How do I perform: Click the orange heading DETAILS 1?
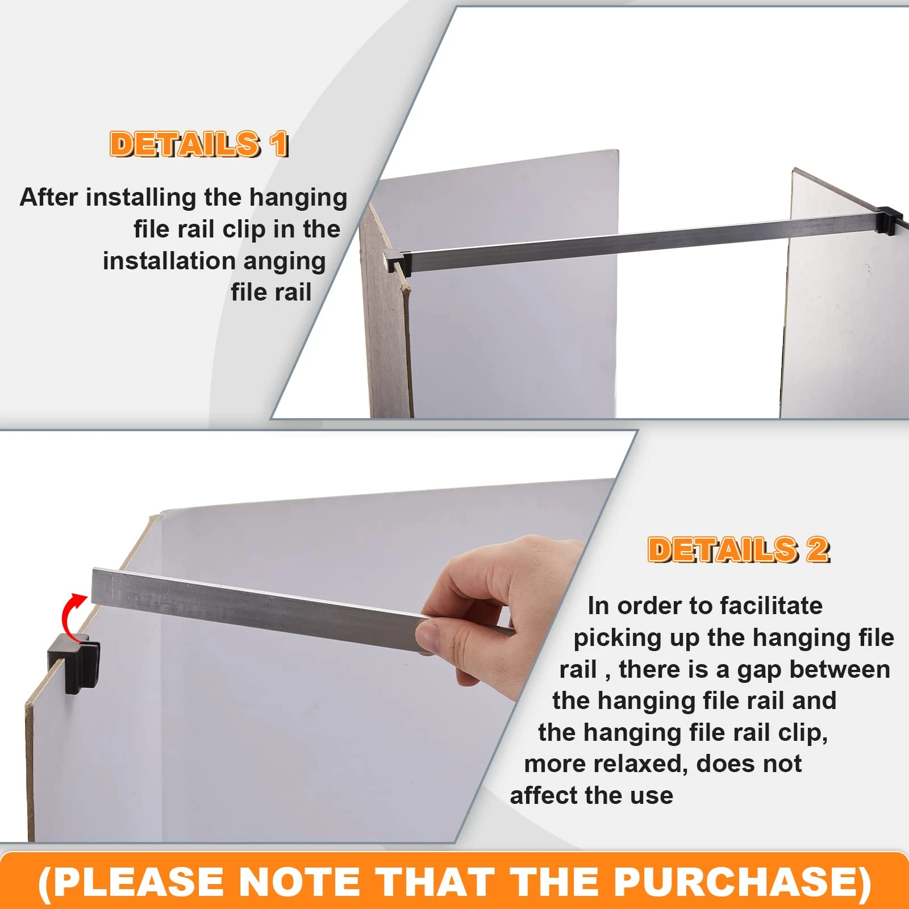coord(199,144)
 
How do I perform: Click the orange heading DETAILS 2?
coord(739,550)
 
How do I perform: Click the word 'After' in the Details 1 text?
coord(49,198)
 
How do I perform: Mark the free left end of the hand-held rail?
coord(93,586)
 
